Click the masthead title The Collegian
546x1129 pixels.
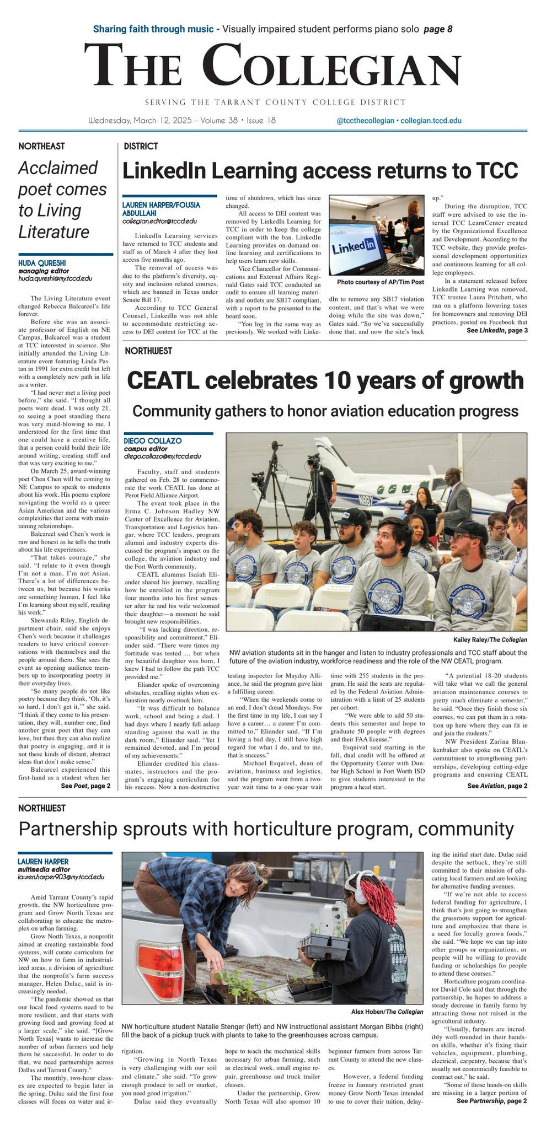[x=272, y=65]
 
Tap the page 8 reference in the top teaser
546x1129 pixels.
[x=438, y=29]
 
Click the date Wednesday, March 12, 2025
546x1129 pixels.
[x=140, y=120]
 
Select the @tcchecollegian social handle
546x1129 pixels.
[x=365, y=121]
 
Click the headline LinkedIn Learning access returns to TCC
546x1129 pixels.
[x=320, y=171]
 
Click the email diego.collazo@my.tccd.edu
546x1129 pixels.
[x=162, y=456]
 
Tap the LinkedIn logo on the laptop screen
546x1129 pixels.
[x=354, y=246]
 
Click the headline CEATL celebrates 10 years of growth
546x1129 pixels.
[x=325, y=380]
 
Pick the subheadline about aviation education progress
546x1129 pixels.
[x=325, y=411]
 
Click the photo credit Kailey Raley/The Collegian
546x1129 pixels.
[x=490, y=639]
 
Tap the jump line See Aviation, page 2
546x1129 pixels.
[x=497, y=786]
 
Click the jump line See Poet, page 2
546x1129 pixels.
[x=85, y=786]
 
